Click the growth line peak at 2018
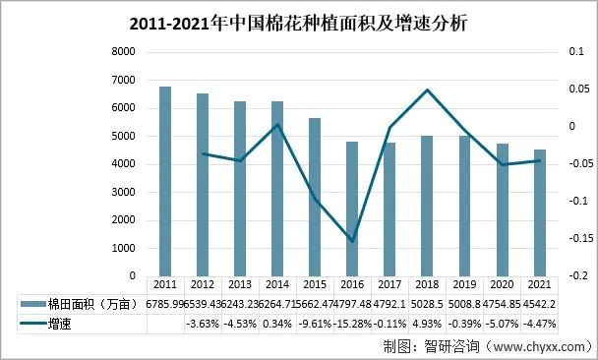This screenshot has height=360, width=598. (x=427, y=90)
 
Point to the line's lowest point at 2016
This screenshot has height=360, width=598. (x=352, y=241)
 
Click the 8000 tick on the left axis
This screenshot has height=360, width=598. (x=124, y=52)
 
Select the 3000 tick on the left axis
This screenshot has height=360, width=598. (x=124, y=193)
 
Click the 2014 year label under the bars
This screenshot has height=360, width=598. (x=277, y=285)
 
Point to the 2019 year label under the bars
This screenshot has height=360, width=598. (x=465, y=285)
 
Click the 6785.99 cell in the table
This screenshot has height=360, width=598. (x=165, y=304)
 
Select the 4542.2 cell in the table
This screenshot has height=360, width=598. (x=540, y=304)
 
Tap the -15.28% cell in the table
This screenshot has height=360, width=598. (x=352, y=323)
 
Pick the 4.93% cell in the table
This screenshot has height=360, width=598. (x=427, y=323)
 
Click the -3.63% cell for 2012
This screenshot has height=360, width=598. (x=203, y=323)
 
